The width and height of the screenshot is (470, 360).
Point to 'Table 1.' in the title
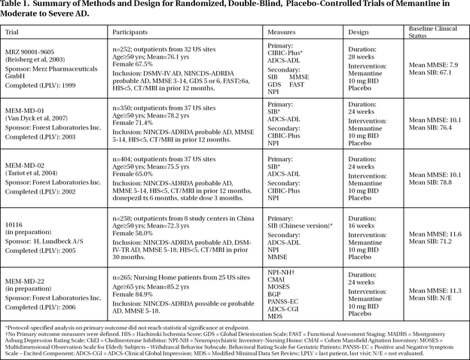click(x=20, y=7)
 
